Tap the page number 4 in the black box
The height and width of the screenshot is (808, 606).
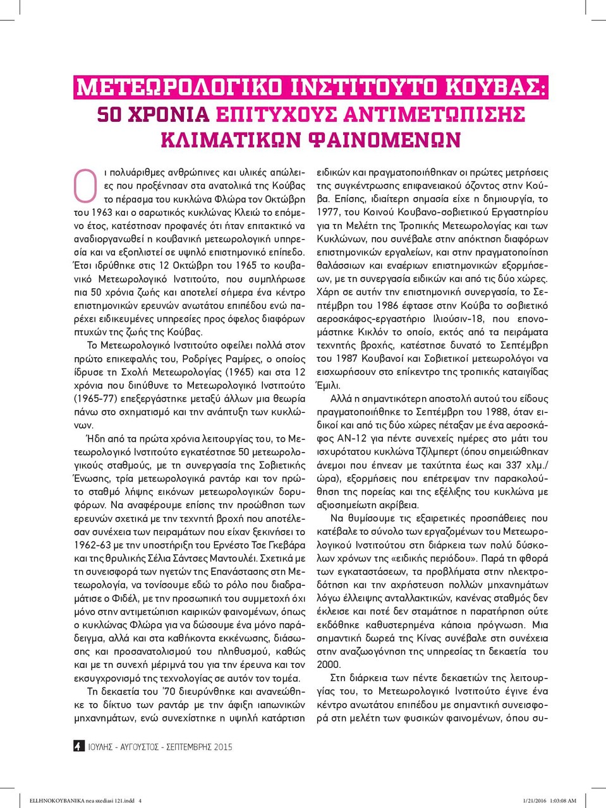pos(78,746)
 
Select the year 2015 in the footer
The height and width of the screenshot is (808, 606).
pos(223,747)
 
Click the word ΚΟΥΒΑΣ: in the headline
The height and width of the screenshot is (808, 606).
pos(500,87)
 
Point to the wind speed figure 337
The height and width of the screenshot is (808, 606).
pos(514,465)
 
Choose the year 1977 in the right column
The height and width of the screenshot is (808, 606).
pos(328,212)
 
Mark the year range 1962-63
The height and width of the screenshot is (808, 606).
pos(95,545)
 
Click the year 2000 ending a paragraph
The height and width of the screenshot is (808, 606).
pos(329,664)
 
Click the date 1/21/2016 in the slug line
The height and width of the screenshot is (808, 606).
pos(535,800)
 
